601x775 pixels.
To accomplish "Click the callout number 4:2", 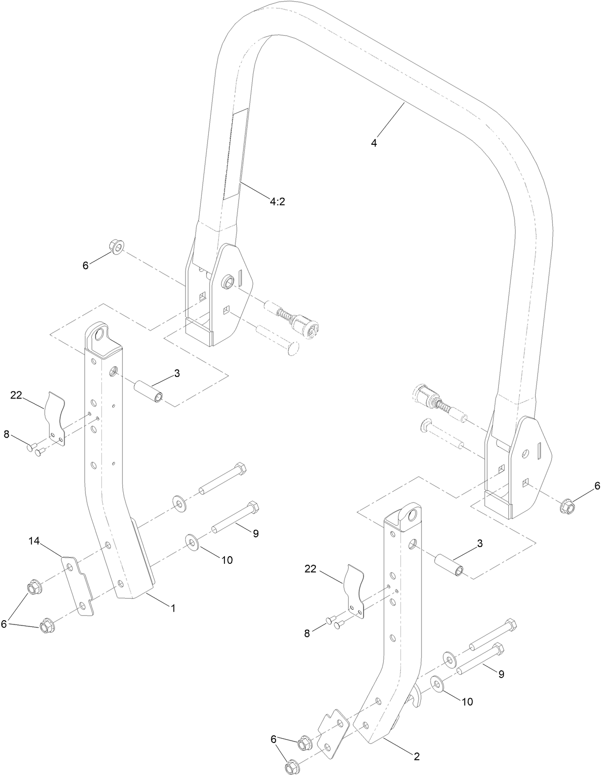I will (277, 202).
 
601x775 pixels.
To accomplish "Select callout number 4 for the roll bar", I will (374, 143).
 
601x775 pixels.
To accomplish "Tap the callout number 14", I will (34, 541).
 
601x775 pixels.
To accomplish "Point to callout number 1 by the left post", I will (173, 608).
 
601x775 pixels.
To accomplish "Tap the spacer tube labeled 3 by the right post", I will (450, 565).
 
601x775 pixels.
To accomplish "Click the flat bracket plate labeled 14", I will (78, 586).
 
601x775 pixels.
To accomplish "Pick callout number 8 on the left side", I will (6, 434).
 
